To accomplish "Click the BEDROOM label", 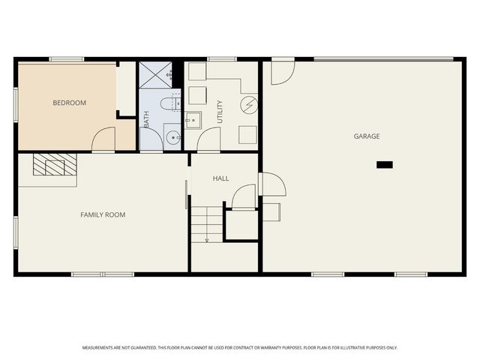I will click(x=69, y=103).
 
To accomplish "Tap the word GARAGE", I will click(x=367, y=136).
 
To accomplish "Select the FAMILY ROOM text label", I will click(x=103, y=215).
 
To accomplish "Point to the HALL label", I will click(x=220, y=178).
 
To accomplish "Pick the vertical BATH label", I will click(x=146, y=118).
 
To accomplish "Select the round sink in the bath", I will click(x=172, y=137).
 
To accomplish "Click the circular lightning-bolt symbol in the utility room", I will click(x=249, y=104).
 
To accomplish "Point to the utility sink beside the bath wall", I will click(x=193, y=119).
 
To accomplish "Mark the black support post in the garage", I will click(x=385, y=164).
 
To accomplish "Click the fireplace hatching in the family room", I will click(x=55, y=165).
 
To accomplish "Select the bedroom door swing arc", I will click(x=103, y=139).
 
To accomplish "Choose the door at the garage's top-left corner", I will click(x=282, y=71).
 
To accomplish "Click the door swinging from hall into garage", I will click(x=272, y=184).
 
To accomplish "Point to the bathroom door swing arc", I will click(x=152, y=139).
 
